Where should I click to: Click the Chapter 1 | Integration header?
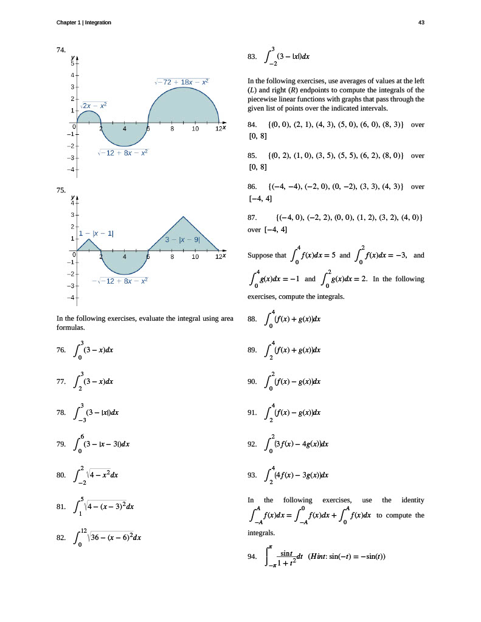[x=83, y=22]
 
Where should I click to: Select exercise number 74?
[x=60, y=50]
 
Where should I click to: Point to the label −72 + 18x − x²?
[x=182, y=81]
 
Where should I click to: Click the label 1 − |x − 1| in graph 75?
[x=97, y=233]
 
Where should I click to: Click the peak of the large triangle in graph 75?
[x=184, y=216]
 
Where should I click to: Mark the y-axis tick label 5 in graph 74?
[x=71, y=63]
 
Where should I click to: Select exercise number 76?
[x=60, y=350]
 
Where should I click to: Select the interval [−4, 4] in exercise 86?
[x=260, y=198]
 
